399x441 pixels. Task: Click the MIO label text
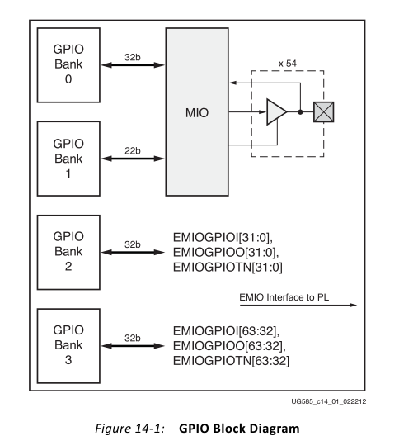pos(197,113)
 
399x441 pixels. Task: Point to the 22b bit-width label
pos(133,151)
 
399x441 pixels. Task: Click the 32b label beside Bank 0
pos(133,57)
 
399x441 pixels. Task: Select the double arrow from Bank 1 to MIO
pos(133,159)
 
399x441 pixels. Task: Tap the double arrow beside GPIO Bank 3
pos(133,346)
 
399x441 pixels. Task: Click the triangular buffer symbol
pos(275,112)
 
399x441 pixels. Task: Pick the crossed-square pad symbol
pos(324,112)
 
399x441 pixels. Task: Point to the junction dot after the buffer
pos(300,112)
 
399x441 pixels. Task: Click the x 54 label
pos(287,64)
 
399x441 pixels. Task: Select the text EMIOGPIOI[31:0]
pos(223,238)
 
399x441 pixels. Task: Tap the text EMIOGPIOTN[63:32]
pos(231,361)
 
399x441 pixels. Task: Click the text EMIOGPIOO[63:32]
pos(229,346)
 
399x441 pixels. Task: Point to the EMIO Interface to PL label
pos(284,297)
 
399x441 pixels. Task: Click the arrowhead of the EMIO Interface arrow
pos(354,305)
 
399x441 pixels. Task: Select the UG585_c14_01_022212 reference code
pos(329,401)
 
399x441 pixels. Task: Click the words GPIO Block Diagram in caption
pos(239,429)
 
